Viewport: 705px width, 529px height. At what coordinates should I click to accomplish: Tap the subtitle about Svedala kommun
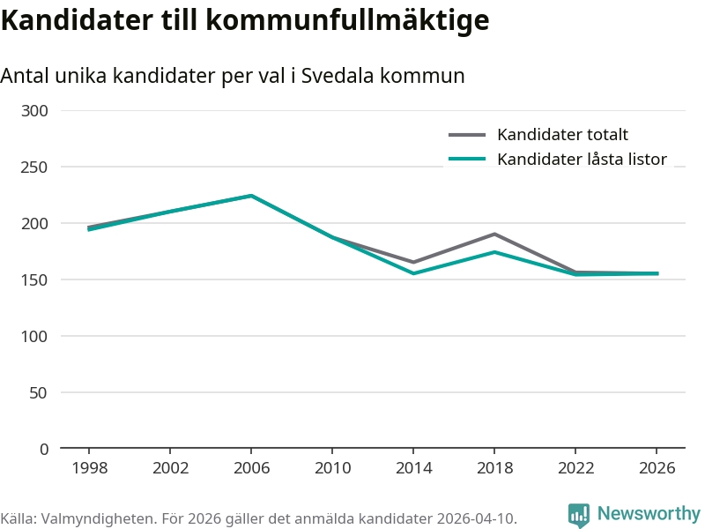click(x=233, y=77)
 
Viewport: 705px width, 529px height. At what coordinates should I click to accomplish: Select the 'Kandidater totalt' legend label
click(x=562, y=135)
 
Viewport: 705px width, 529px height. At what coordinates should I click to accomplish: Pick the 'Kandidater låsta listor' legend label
click(x=582, y=160)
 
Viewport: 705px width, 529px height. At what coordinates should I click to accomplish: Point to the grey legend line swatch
click(x=467, y=135)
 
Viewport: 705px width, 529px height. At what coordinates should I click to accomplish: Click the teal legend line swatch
click(x=467, y=160)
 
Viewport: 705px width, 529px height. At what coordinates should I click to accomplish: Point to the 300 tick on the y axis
click(x=36, y=110)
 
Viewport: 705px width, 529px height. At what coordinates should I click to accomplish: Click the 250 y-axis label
click(x=36, y=167)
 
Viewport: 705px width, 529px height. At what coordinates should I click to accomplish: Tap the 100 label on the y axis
click(x=36, y=336)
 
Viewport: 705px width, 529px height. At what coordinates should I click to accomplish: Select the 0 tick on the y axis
click(x=44, y=449)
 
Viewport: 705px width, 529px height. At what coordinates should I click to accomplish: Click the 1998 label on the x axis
click(x=89, y=468)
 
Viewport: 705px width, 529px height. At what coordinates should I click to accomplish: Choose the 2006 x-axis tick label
click(x=251, y=468)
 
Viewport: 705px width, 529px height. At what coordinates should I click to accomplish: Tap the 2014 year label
click(x=413, y=468)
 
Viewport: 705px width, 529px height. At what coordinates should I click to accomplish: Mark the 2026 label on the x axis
click(x=657, y=468)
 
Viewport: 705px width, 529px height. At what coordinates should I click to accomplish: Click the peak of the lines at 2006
click(x=251, y=196)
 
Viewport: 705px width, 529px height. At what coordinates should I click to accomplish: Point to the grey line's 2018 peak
click(x=494, y=234)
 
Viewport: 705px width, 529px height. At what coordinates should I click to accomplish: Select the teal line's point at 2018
click(x=494, y=252)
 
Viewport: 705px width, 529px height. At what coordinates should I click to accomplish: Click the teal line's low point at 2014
click(x=413, y=273)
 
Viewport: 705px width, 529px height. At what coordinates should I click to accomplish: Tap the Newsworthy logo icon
click(x=579, y=515)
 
